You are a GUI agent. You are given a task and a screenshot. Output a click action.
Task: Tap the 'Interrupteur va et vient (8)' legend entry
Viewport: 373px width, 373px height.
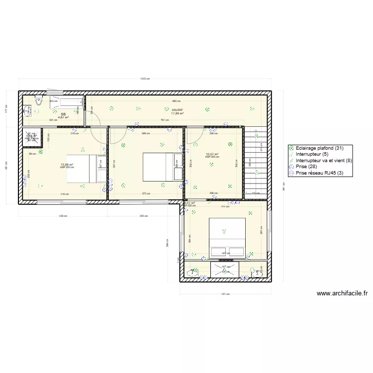tap(323, 161)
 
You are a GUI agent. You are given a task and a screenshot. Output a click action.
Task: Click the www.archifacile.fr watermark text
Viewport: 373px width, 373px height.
tap(342, 293)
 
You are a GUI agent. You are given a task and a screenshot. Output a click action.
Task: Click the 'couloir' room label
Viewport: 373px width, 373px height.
tap(177, 109)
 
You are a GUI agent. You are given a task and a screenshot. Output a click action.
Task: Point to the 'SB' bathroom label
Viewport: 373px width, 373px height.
tap(63, 114)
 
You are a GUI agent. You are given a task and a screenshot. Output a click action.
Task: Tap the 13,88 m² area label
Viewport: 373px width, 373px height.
tap(67, 165)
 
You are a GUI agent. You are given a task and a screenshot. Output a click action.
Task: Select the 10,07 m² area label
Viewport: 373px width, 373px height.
tap(212, 154)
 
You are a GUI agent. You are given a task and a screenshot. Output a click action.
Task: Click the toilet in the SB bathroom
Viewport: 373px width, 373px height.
tap(38, 103)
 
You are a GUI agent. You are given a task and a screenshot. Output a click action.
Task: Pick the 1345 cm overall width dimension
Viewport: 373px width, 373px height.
tap(145, 79)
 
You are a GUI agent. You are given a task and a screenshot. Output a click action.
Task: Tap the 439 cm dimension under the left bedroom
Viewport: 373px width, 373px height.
tap(63, 216)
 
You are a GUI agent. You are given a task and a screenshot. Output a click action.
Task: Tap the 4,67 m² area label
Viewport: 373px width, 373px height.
tap(63, 118)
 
